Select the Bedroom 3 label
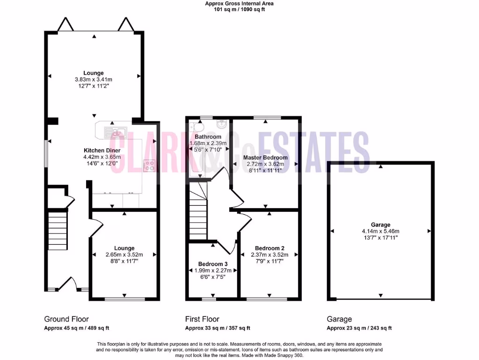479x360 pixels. [212, 263]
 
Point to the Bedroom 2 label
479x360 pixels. [269, 248]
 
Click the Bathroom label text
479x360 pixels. [208, 137]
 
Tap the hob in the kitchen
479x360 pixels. [150, 165]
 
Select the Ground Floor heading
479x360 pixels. [66, 319]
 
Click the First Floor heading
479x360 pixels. [202, 319]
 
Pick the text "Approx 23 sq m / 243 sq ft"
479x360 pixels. [359, 328]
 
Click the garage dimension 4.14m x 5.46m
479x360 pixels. [380, 231]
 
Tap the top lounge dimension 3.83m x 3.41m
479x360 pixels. [94, 79]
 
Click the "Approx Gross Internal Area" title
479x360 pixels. [239, 3]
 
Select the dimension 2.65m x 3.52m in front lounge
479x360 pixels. [124, 255]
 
